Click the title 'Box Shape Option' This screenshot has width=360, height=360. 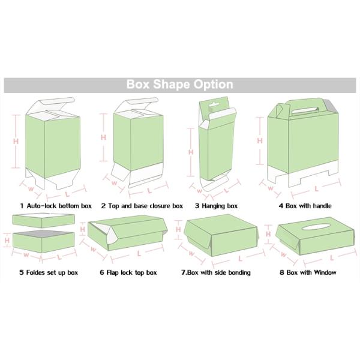(179, 85)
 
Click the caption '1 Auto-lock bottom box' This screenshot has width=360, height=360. (55, 206)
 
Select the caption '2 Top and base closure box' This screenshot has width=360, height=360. (142, 206)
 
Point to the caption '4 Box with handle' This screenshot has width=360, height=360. (305, 206)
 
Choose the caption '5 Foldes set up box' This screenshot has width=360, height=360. (48, 272)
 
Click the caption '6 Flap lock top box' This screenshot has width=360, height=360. (128, 272)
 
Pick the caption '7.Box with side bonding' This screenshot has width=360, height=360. (216, 272)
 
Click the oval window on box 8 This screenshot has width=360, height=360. (310, 227)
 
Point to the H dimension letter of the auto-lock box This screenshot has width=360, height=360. (16, 141)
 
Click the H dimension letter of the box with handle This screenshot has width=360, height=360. (260, 140)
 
